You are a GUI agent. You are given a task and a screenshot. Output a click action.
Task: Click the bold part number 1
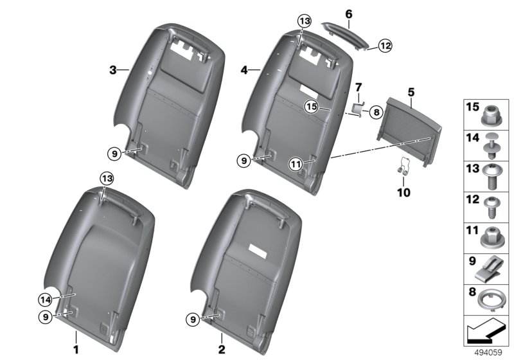tap(76, 350)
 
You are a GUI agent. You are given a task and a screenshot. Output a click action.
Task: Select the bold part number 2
tap(222, 350)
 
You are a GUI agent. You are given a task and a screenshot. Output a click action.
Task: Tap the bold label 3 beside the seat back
tap(113, 70)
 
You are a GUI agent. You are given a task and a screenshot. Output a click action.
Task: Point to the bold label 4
tap(244, 70)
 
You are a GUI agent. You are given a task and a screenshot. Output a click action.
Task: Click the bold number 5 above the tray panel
tap(411, 93)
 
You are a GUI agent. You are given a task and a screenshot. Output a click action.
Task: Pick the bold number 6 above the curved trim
tap(349, 14)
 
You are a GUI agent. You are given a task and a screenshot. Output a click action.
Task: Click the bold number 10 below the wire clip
tap(403, 192)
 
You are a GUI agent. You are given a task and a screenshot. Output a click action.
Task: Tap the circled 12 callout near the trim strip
tap(385, 46)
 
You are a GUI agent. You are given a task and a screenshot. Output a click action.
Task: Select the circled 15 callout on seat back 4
tap(312, 106)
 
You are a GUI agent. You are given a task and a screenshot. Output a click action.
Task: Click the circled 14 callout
tap(45, 300)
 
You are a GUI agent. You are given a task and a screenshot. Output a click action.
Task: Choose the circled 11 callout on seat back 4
tap(296, 164)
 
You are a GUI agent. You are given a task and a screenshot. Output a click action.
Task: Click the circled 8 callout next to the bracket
tap(377, 113)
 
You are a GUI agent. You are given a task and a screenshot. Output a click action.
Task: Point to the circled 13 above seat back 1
tap(107, 179)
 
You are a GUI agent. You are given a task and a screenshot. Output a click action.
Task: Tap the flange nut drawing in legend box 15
tap(490, 116)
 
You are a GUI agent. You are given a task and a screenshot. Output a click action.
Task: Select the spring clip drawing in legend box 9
tap(488, 269)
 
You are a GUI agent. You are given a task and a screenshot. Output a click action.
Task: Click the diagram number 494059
tap(488, 352)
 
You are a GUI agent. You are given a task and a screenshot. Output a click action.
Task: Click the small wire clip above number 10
tap(403, 166)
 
